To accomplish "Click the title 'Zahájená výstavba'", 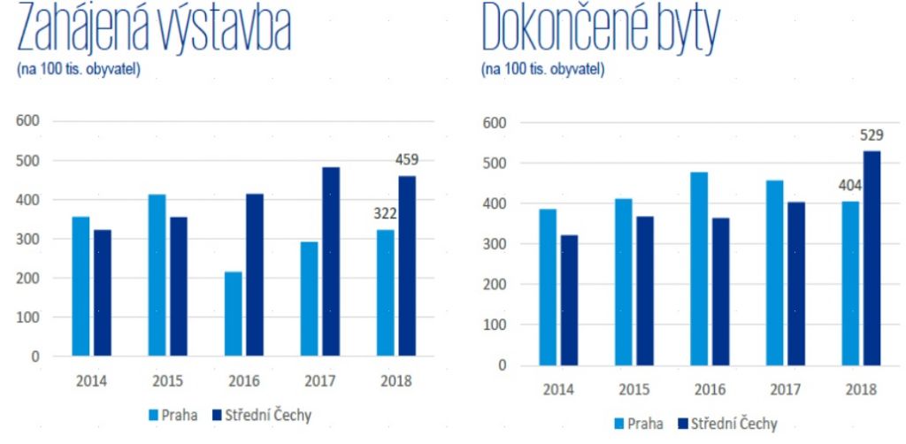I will tap(153, 31).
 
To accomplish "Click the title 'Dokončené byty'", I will tap(601, 31).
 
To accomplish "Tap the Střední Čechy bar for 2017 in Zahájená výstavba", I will tap(330, 262).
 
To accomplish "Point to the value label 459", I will tap(407, 160).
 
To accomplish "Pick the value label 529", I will tap(871, 135).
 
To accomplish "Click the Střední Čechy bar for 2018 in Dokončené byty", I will tap(872, 257).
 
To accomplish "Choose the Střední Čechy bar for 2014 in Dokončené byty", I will tap(569, 300).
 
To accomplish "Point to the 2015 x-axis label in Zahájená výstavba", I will tap(168, 381).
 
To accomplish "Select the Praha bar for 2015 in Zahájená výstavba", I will tap(157, 275).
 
